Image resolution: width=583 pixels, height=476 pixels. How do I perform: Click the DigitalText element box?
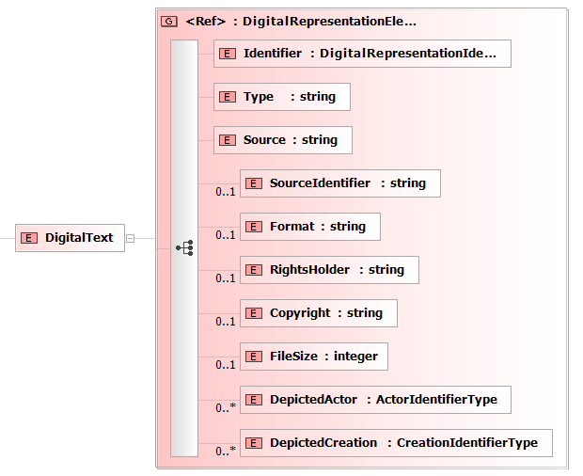click(70, 238)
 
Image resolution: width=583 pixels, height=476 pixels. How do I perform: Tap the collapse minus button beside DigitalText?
click(130, 238)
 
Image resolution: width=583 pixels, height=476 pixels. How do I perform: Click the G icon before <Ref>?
click(169, 22)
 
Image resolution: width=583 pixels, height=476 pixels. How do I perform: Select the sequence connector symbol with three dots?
click(185, 247)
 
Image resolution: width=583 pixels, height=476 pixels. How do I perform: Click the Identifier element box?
click(362, 54)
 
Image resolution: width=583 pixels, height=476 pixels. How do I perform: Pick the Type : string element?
click(282, 97)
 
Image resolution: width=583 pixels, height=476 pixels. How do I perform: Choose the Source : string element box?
click(283, 140)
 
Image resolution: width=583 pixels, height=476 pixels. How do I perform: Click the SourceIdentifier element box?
click(340, 183)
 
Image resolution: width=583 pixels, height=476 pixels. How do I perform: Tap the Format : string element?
click(310, 227)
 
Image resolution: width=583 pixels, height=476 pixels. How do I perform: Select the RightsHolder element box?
click(329, 270)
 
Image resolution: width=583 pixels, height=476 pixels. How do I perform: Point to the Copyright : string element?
click(319, 313)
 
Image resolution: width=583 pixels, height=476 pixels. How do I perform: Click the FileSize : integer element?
click(314, 357)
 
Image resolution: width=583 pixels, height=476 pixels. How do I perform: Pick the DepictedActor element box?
click(375, 400)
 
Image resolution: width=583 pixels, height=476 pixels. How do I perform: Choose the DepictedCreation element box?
click(397, 443)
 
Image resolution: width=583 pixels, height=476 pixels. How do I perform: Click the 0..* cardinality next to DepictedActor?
click(226, 408)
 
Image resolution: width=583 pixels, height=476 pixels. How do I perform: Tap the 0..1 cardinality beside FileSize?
click(226, 365)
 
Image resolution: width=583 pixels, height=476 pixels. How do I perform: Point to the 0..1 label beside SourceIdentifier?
click(226, 192)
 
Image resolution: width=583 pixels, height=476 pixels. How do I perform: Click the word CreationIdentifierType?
click(467, 443)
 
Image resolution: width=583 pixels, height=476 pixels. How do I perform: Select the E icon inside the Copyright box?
click(254, 313)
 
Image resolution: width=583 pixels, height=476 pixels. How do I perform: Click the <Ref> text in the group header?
click(206, 22)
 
